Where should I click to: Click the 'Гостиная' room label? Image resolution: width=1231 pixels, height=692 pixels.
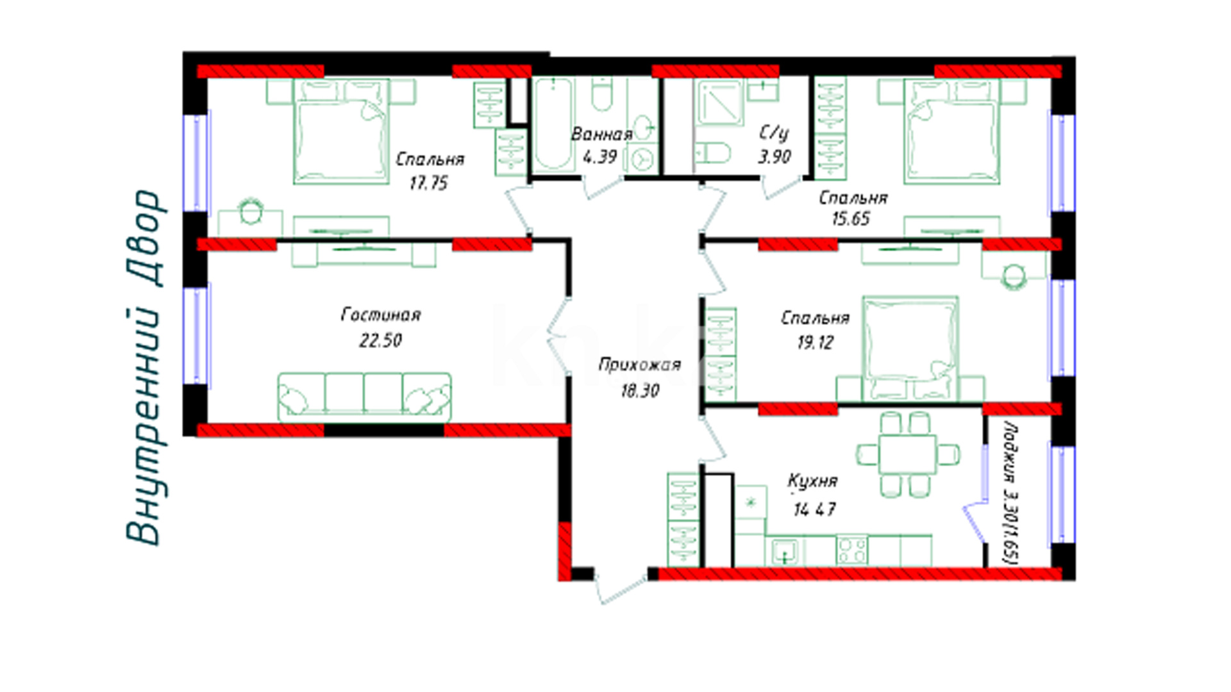point(381,315)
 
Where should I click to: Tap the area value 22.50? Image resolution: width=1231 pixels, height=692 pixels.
point(380,340)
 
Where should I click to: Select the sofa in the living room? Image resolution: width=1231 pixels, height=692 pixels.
point(364,397)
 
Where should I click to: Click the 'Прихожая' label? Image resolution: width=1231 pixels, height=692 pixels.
point(639,365)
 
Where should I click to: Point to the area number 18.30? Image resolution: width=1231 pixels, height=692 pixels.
point(640,390)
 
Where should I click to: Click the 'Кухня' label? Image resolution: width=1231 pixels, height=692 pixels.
point(812,481)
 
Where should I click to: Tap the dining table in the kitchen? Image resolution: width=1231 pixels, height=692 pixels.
point(908,455)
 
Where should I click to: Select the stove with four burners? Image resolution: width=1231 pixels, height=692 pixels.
point(852,550)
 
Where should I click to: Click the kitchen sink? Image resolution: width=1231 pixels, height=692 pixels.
point(785,552)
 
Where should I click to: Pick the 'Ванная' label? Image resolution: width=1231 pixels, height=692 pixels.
point(601,134)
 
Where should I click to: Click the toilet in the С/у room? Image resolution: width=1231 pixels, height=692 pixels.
point(713,154)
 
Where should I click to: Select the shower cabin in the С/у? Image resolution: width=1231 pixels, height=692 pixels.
point(719,103)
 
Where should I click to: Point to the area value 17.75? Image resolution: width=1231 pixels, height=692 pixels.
point(428,183)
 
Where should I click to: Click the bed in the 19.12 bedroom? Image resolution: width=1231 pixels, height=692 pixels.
point(910,349)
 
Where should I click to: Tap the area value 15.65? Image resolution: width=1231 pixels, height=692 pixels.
point(850,219)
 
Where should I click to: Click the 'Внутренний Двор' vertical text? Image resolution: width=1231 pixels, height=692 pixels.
point(144,367)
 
